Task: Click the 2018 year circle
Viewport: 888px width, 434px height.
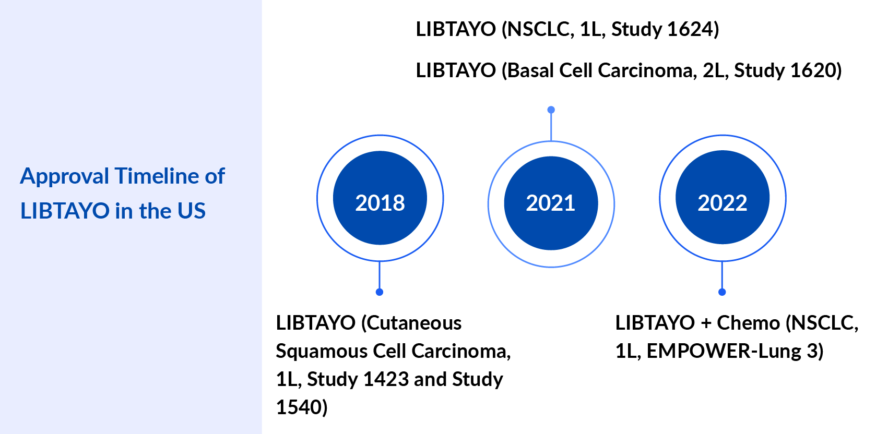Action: (380, 198)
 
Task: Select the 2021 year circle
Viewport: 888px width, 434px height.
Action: (551, 203)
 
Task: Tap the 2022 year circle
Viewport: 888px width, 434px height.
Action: (723, 198)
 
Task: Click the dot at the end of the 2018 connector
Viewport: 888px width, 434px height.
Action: (380, 292)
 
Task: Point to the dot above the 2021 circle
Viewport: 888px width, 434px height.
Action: (551, 110)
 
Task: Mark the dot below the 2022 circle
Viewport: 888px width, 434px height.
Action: (722, 292)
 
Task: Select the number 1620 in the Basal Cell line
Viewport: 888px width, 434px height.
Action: (812, 70)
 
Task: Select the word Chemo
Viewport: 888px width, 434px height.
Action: (748, 323)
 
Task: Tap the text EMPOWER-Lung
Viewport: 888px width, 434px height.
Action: (724, 352)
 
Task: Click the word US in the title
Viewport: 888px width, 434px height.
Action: (192, 211)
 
